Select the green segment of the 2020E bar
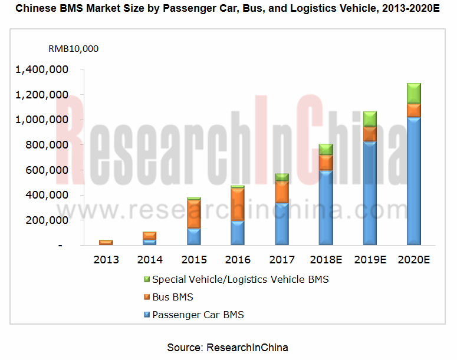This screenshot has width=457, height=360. pyautogui.click(x=413, y=93)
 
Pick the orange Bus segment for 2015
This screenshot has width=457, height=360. pyautogui.click(x=194, y=213)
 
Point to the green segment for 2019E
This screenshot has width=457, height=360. pyautogui.click(x=370, y=118)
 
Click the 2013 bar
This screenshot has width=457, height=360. pyautogui.click(x=106, y=242)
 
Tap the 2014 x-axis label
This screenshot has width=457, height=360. pyautogui.click(x=150, y=260)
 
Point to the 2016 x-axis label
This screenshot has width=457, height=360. pyautogui.click(x=238, y=260)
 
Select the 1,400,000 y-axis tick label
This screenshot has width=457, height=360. pyautogui.click(x=42, y=70)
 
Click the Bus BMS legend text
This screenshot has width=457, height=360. pyautogui.click(x=173, y=297)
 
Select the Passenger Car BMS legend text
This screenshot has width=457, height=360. pyautogui.click(x=198, y=315)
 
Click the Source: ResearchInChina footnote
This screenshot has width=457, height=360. pyautogui.click(x=228, y=347)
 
